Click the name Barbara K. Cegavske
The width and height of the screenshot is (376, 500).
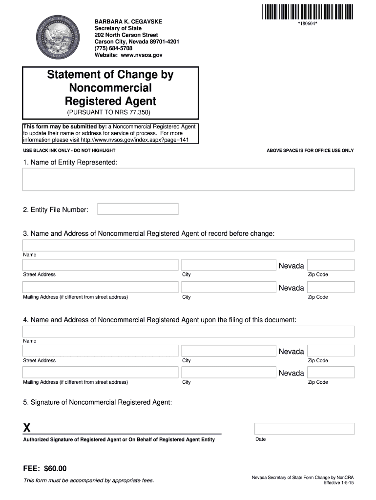coord(128,22)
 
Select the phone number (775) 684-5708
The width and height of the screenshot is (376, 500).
coord(113,48)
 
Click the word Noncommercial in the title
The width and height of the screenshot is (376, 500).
coord(110,88)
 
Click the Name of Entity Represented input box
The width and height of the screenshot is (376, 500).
coord(188,179)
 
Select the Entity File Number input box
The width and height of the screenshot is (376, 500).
coord(138,209)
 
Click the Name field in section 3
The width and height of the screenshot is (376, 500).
coord(188,246)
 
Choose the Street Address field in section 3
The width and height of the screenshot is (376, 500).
coord(100,265)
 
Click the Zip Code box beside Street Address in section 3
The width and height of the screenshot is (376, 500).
coord(331,265)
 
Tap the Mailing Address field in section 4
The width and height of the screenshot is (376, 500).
coord(100,373)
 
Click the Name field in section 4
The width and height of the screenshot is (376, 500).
coord(188,332)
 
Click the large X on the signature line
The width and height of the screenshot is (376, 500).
coord(27,428)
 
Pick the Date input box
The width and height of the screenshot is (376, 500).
coord(304,429)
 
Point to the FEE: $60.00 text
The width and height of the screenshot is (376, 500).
coord(45,469)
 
